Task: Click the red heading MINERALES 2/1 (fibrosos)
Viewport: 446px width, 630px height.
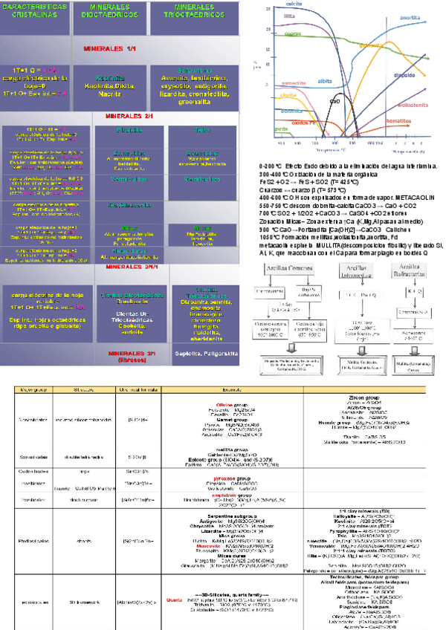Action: point(129,356)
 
